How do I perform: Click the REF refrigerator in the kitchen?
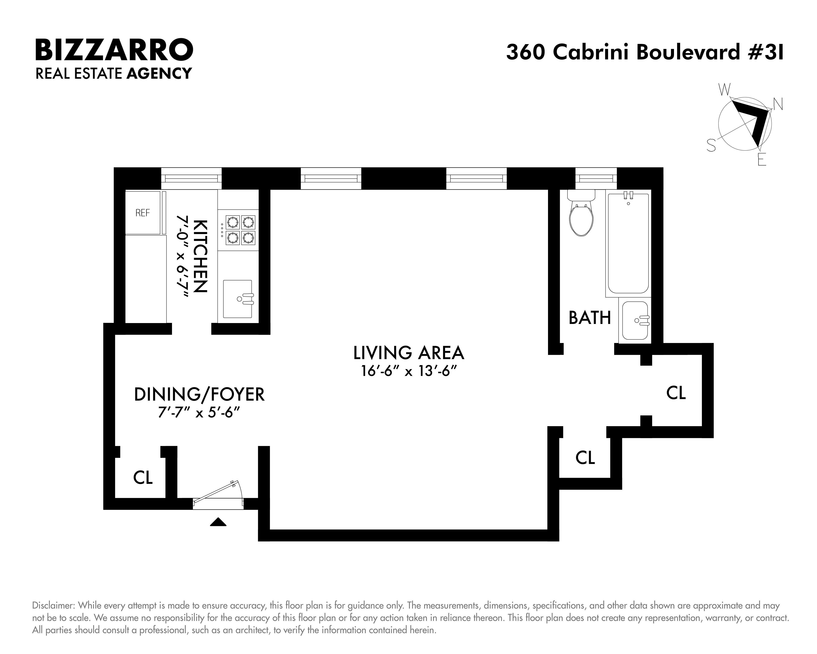click(x=143, y=213)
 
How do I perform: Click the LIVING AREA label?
click(x=408, y=353)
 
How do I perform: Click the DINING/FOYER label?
click(x=199, y=395)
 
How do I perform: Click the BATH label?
click(x=590, y=318)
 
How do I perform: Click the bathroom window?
click(x=596, y=178)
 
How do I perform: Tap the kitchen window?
click(x=191, y=178)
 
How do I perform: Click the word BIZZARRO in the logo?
click(x=114, y=49)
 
